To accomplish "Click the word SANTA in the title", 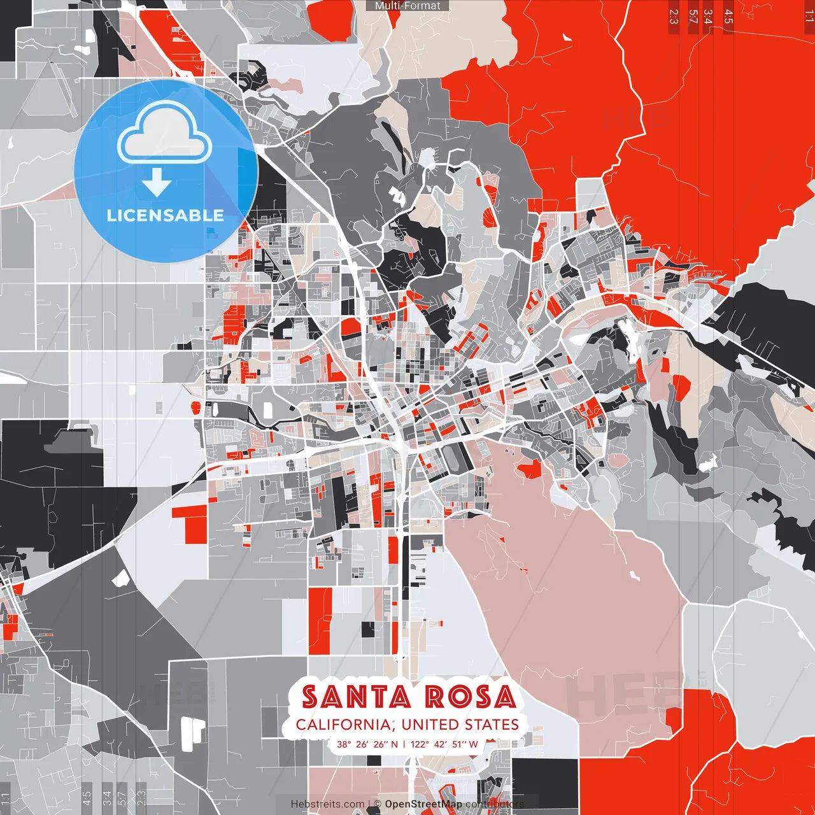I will [x=357, y=697].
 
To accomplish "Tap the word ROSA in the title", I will [x=470, y=697].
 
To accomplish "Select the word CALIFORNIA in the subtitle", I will [x=344, y=725].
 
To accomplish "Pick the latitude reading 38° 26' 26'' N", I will [x=367, y=744].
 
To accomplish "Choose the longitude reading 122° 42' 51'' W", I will [x=444, y=744].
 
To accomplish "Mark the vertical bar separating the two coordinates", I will [x=404, y=744].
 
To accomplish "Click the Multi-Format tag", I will [x=407, y=6].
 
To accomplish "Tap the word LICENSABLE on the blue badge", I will [x=166, y=215].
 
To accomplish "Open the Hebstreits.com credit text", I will [x=327, y=804].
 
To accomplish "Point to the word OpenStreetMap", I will [x=423, y=804].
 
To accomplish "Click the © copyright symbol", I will [x=377, y=804].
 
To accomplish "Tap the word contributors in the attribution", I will [x=494, y=804].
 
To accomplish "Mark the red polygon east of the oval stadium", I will [x=530, y=470].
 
